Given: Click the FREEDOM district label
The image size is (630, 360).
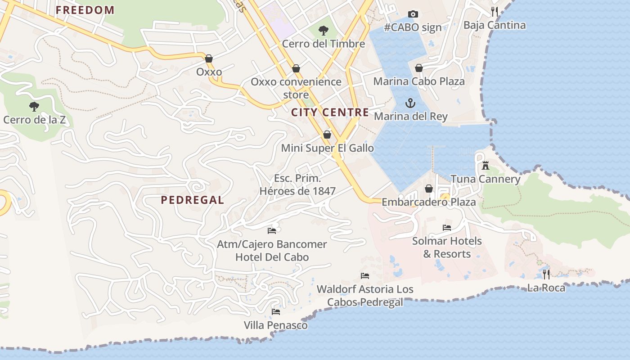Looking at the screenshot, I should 85,10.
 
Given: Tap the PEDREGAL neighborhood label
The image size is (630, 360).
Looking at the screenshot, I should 192,200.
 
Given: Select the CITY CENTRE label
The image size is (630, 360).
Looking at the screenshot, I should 330,112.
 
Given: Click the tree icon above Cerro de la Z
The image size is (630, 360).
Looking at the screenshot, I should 34,107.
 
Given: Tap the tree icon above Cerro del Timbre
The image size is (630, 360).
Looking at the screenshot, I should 323,31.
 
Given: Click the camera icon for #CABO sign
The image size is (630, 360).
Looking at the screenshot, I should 413,14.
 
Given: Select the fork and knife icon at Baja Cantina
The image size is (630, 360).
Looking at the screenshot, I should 495,12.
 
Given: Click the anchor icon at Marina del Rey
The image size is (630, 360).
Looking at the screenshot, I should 410,103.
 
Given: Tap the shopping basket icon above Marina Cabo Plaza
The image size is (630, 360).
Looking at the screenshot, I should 419,68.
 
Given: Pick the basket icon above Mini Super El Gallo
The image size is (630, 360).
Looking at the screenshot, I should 327,135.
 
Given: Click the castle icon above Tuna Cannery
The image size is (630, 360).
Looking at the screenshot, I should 485,166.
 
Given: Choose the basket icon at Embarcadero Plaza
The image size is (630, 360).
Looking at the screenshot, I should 429,189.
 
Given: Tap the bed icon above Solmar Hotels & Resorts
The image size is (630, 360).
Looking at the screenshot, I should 447,228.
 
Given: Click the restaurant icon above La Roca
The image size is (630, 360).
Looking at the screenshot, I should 546,274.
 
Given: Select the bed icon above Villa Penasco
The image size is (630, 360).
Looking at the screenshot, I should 276,311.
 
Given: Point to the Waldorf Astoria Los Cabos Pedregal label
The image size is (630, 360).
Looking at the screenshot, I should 365,296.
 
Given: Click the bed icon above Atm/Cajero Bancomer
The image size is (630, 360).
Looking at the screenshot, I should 272,231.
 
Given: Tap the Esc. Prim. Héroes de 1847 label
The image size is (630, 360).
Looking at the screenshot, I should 297,185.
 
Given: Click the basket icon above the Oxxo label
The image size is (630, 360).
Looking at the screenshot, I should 209,58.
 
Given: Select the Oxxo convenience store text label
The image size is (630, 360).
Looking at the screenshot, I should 296,88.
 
